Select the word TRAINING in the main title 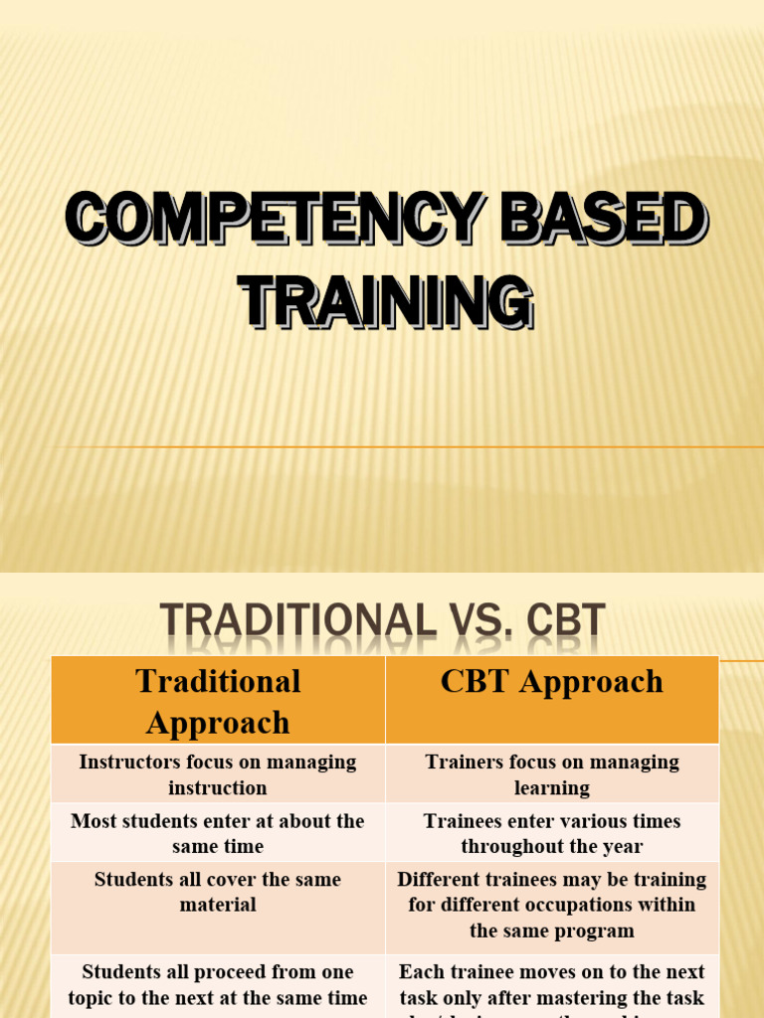[x=387, y=301]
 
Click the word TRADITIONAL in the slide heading [x=297, y=622]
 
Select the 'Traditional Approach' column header [x=218, y=701]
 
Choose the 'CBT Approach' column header [x=552, y=682]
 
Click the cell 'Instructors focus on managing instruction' [x=218, y=774]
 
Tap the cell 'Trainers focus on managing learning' [x=552, y=774]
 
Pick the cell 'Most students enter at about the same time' [x=218, y=833]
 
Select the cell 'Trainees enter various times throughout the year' [x=552, y=833]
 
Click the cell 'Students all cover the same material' [x=218, y=892]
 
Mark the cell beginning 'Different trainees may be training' [x=552, y=905]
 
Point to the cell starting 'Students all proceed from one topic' [x=218, y=984]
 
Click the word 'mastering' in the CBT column [x=606, y=997]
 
